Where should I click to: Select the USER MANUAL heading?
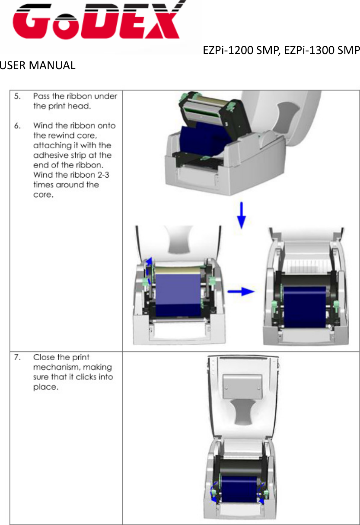[x=38, y=66]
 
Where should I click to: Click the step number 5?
[x=17, y=96]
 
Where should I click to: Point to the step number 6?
[x=17, y=126]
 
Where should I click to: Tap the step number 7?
[x=17, y=357]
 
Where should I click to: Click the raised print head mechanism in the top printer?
[x=210, y=110]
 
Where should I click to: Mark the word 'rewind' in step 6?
[x=61, y=136]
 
